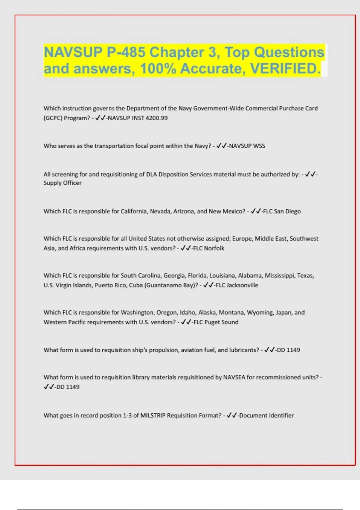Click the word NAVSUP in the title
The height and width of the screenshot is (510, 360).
73,52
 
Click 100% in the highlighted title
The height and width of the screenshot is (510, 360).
158,68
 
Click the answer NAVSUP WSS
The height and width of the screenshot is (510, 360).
247,146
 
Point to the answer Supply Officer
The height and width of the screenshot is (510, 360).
62,183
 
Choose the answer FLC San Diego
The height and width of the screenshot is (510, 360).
282,211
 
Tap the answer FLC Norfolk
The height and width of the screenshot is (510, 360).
208,248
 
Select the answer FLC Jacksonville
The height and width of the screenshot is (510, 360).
237,285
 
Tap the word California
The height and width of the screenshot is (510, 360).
134,211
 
